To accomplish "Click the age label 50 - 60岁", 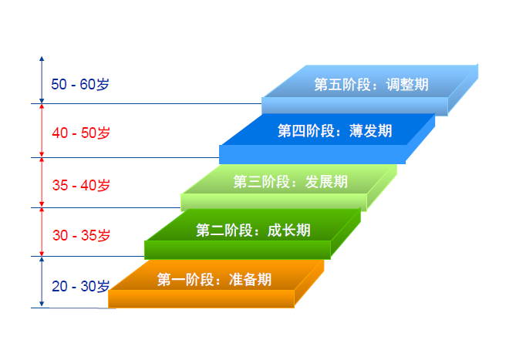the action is (x=80, y=85).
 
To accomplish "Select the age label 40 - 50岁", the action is (x=81, y=133).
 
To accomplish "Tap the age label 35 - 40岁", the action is (x=81, y=185).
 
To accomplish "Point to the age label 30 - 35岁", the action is (x=81, y=235).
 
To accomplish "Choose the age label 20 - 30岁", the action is (x=81, y=286).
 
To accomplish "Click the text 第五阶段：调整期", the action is (x=371, y=85).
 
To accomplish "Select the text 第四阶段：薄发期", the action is (x=335, y=131).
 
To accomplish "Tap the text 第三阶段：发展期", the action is (x=290, y=181).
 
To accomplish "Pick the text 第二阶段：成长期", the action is (x=253, y=230).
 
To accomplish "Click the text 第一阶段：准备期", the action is (x=214, y=280).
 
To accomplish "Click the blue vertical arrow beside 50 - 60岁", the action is (x=42, y=79).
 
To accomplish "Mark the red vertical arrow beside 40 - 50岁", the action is (x=42, y=130).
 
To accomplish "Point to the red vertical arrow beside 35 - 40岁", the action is (x=42, y=183).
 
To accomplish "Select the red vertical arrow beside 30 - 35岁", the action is (x=42, y=232).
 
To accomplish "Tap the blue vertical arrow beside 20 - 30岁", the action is (x=42, y=282).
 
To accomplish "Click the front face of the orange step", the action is (x=201, y=299).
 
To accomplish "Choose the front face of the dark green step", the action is (x=238, y=250).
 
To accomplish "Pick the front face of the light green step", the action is (x=274, y=202).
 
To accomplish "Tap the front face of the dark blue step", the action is (x=312, y=154).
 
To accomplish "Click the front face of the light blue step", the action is (x=355, y=106).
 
